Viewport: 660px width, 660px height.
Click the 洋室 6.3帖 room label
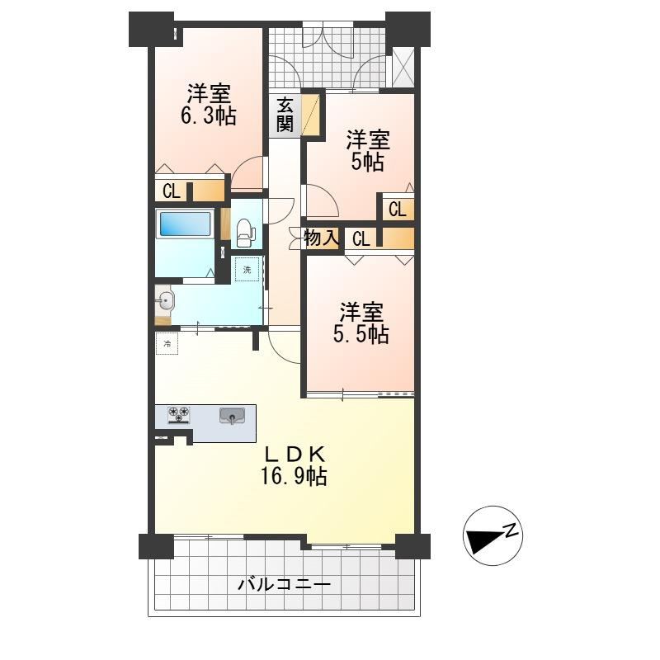click(209, 105)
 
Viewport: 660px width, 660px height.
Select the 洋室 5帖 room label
click(368, 151)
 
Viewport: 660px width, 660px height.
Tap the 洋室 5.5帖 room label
click(361, 323)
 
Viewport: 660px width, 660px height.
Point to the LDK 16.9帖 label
click(294, 465)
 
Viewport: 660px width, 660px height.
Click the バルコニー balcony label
click(284, 584)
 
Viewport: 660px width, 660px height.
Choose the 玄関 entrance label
click(285, 114)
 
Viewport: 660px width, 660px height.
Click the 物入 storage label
click(322, 238)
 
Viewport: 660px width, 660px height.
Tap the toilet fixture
click(245, 233)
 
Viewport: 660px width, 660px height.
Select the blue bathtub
click(185, 223)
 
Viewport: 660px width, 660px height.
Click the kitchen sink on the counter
click(232, 416)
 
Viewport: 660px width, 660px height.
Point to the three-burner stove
click(179, 415)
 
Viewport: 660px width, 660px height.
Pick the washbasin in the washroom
click(164, 301)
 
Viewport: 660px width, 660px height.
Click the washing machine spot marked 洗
click(247, 270)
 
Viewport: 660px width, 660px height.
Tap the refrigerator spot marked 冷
click(167, 343)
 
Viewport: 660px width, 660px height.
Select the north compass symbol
click(493, 535)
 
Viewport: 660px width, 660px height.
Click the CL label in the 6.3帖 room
click(172, 192)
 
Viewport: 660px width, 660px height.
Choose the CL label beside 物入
click(361, 240)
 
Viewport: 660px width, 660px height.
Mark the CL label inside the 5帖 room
click(398, 210)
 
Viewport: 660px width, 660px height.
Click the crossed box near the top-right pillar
click(403, 68)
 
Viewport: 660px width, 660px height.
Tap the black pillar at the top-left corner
click(152, 29)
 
